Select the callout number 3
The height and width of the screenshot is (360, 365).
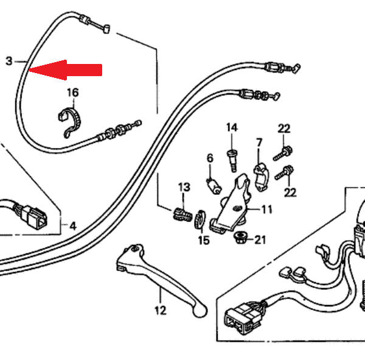(x=9, y=61)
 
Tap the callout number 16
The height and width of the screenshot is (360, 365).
(x=73, y=93)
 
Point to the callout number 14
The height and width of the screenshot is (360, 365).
(x=232, y=127)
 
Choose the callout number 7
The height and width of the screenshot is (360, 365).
(x=259, y=143)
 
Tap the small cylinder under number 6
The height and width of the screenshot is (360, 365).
(x=213, y=182)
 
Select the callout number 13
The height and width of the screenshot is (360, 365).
(x=184, y=186)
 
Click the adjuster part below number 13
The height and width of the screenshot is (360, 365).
(x=180, y=213)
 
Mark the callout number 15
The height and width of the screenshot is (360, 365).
(x=203, y=240)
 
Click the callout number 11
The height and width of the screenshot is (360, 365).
(x=267, y=210)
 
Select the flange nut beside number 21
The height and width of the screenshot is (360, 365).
(x=240, y=237)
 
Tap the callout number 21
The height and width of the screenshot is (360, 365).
(x=260, y=239)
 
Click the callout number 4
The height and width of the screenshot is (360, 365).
(x=72, y=226)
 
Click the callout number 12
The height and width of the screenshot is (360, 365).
(x=160, y=311)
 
